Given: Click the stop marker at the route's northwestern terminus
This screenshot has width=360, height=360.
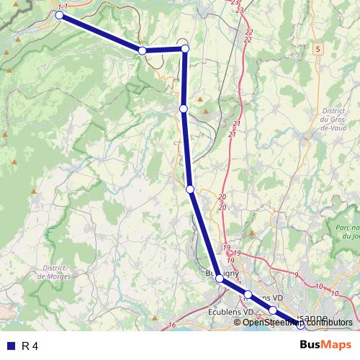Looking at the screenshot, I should click(60, 14).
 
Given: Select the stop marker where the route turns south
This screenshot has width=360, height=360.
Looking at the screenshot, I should click(185, 48).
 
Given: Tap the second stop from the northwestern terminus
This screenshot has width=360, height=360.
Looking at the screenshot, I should click(143, 50).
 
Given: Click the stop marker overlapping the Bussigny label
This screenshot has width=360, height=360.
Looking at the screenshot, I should click(220, 277).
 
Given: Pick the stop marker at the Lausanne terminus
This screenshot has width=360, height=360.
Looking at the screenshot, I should click(301, 325).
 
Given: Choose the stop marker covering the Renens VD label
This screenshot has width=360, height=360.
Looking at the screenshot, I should click(248, 294).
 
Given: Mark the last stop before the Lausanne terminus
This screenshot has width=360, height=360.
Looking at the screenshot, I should click(273, 310).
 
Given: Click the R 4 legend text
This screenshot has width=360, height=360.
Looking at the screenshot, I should click(30, 346).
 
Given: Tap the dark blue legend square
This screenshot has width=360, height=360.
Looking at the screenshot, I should click(9, 346).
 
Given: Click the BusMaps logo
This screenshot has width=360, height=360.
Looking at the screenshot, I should click(326, 346).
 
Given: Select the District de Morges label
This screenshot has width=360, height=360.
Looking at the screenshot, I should click(52, 271).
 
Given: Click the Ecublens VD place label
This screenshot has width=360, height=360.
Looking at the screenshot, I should click(230, 312).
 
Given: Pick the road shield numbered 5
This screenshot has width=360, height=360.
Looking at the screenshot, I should click(318, 48).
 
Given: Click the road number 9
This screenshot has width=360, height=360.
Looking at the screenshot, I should click(295, 275).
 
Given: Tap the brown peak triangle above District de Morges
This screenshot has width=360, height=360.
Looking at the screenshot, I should click(33, 192).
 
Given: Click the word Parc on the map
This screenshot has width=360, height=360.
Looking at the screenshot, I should click(346, 228).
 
